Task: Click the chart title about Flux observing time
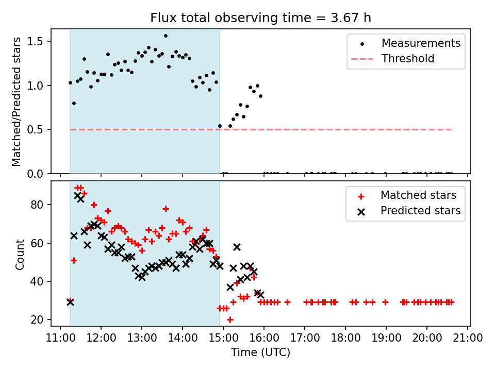260,18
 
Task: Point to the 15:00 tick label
223,338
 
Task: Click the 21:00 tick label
468,338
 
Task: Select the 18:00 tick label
345,338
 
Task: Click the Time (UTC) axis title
260,352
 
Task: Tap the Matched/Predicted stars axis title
16,102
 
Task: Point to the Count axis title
20,255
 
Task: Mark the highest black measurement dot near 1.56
166,36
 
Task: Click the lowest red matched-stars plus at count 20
230,319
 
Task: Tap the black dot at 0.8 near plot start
74,103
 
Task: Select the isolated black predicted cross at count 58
237,247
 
